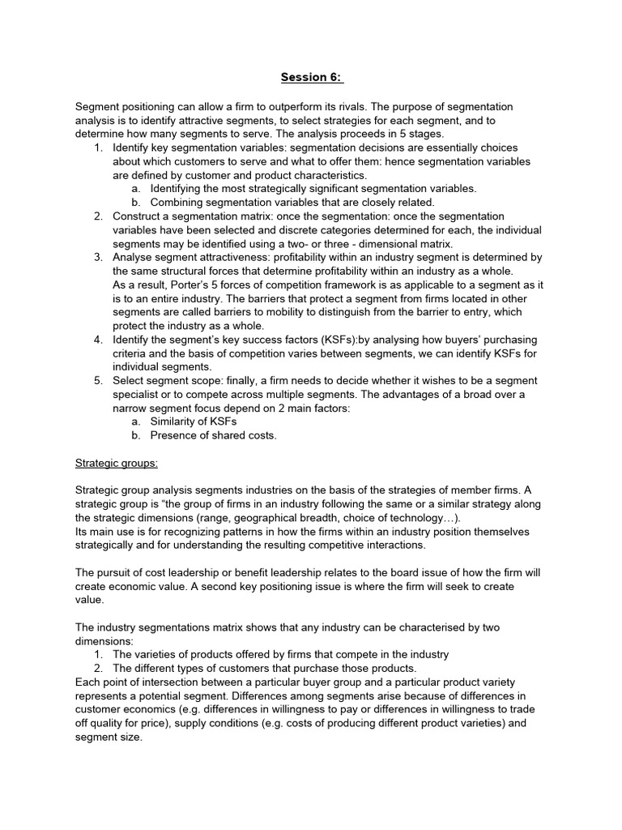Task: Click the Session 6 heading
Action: click(312, 78)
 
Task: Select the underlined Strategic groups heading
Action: click(117, 463)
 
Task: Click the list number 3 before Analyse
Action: click(97, 257)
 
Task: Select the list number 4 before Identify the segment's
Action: click(97, 339)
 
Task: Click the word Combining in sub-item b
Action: click(178, 202)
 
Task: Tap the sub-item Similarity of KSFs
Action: click(194, 421)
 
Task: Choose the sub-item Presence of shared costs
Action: click(213, 435)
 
